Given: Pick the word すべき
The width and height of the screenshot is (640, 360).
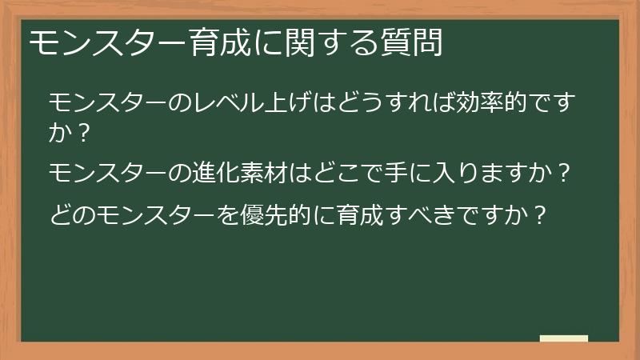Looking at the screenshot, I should [x=428, y=214].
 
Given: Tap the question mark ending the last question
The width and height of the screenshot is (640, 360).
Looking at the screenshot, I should [x=541, y=214].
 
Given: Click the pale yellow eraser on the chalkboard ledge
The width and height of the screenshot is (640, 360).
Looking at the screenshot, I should [x=564, y=338].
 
